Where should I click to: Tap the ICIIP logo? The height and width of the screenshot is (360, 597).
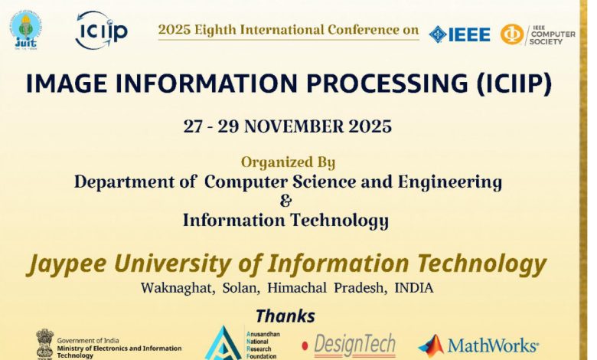[x=101, y=31]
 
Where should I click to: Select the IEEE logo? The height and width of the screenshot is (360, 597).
[x=459, y=34]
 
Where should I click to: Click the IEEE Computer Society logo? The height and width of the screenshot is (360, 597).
[x=537, y=34]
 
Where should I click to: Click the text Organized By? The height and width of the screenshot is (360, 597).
[x=288, y=162]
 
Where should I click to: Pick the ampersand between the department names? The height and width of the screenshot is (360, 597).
[x=286, y=201]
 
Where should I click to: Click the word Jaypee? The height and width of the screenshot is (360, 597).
[x=65, y=264]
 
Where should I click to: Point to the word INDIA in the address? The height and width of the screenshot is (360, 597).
[x=414, y=289]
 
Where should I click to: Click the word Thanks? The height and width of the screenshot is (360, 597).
[x=285, y=316]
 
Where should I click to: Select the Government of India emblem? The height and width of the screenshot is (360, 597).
[x=45, y=343]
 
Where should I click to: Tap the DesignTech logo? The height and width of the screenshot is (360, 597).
[x=348, y=344]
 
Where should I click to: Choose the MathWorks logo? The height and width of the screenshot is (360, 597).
[x=479, y=345]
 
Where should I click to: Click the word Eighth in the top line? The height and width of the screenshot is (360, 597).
[x=212, y=30]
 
